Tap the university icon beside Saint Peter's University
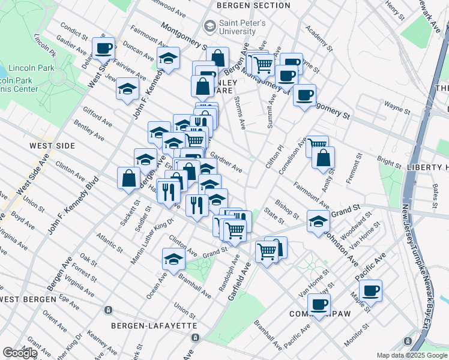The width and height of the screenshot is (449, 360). tap(209, 25)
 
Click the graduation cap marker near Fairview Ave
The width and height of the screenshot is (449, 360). tap(127, 89)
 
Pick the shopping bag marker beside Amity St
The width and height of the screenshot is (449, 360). tap(323, 158)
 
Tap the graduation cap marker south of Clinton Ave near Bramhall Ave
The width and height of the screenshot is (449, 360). tap(173, 259)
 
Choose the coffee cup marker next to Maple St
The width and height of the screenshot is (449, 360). tap(371, 290)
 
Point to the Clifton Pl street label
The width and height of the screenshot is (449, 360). tap(279, 157)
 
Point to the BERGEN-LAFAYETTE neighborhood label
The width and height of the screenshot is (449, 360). tap(154, 325)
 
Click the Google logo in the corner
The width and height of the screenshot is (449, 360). tap(19, 353)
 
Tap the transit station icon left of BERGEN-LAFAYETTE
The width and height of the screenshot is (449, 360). tap(108, 310)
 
